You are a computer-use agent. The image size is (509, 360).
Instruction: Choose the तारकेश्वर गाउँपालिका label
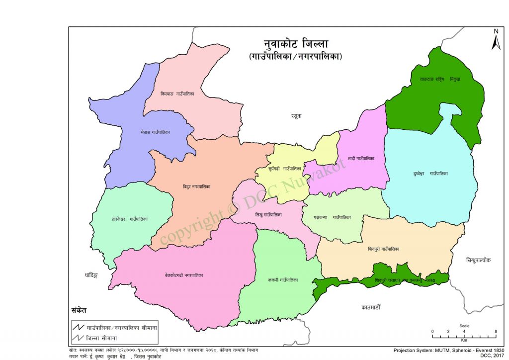130,219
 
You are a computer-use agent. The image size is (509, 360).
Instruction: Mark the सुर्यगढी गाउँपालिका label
284,169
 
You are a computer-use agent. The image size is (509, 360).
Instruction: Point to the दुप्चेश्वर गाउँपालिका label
430,174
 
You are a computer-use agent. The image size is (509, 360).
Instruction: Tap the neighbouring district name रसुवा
297,116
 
